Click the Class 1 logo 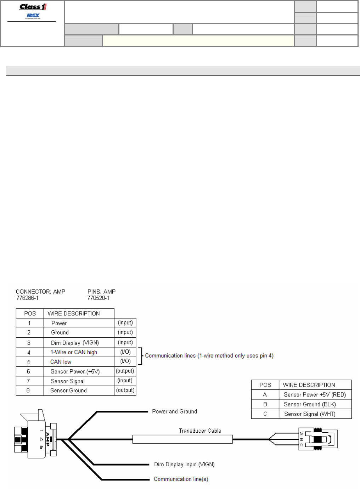[33, 7]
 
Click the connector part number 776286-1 [27, 298]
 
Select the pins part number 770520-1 [98, 298]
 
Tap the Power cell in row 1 [59, 323]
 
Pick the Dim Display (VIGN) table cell [75, 343]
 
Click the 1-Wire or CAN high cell [74, 352]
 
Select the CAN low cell [61, 362]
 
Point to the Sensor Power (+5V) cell [75, 371]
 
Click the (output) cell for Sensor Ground [125, 390]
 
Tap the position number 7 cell [29, 381]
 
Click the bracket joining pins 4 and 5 [141, 356]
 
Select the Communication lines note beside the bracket [209, 355]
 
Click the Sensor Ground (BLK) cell [310, 404]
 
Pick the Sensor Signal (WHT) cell [310, 414]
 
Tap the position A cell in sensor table [265, 394]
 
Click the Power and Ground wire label [174, 411]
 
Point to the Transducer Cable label [200, 431]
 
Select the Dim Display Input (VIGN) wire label [184, 464]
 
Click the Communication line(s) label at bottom [181, 479]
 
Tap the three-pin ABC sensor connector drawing [317, 439]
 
